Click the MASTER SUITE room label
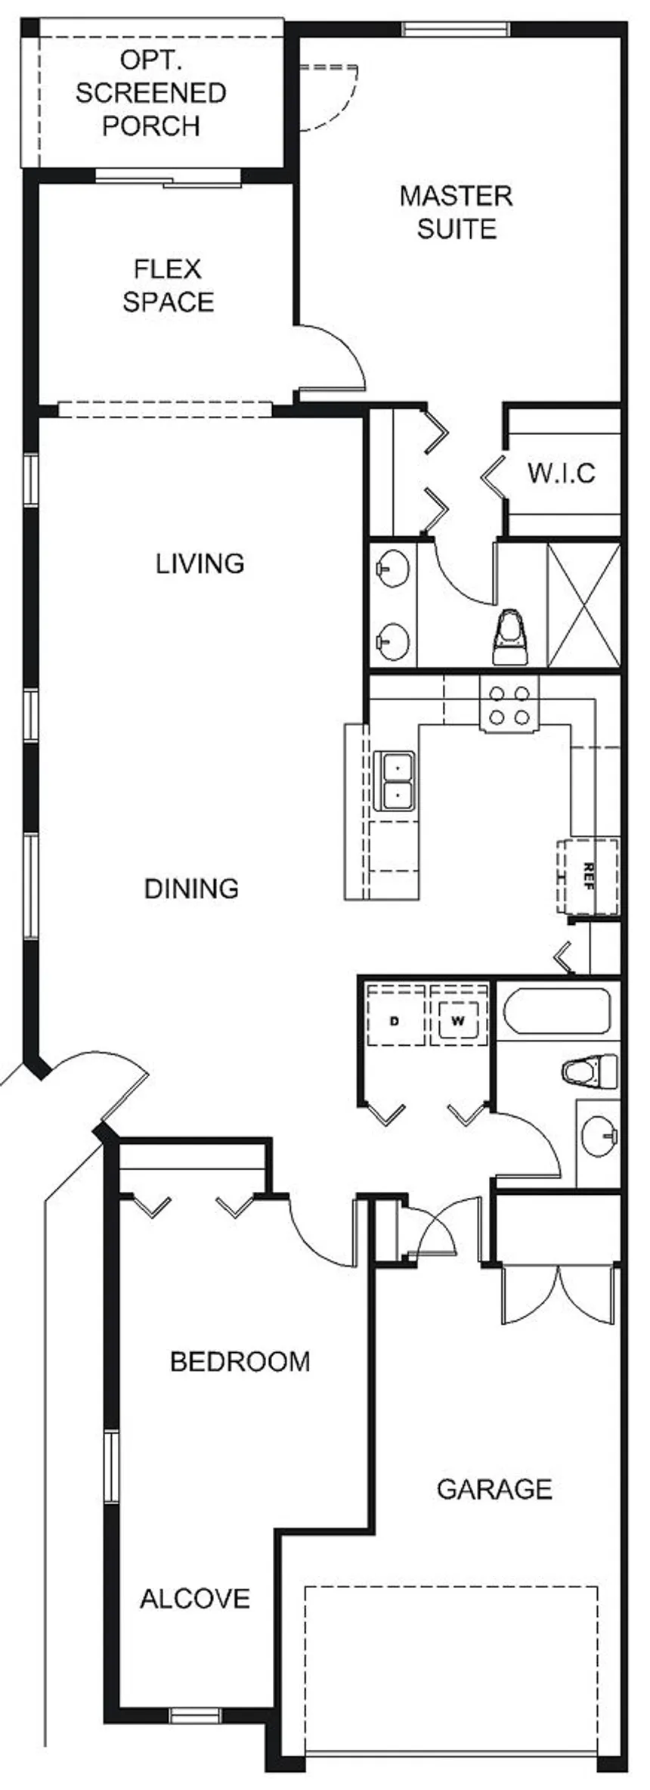point(456,213)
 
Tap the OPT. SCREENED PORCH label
point(151,94)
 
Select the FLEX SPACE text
point(168,286)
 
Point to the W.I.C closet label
point(561,473)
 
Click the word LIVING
point(200,563)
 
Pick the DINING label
point(191,888)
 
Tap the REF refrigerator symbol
point(589,876)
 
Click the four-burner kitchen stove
point(509,704)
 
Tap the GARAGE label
point(494,1489)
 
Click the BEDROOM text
point(240,1362)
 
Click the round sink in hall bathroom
point(600,1134)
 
